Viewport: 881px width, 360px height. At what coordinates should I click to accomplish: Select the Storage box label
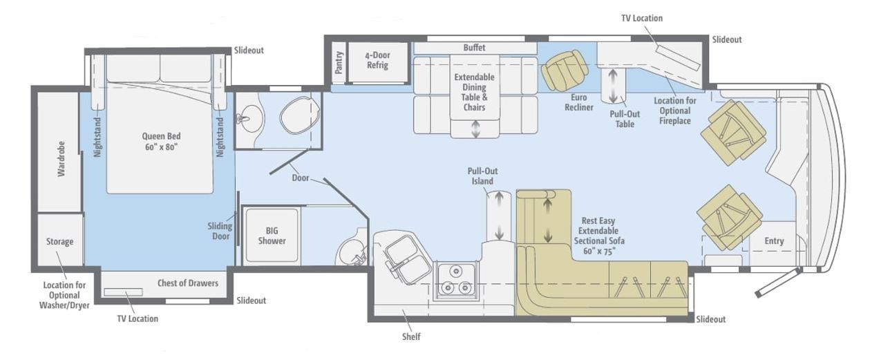coord(59,241)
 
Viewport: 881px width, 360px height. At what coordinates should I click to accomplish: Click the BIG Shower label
coord(272,236)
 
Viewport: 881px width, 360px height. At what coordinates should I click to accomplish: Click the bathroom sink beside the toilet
coord(244,118)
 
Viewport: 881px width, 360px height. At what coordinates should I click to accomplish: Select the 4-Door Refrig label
coord(377,60)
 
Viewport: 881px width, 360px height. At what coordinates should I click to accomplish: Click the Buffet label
coord(474,48)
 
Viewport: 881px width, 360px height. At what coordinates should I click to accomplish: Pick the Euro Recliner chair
coord(565,70)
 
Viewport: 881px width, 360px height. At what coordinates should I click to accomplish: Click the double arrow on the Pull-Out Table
coord(613,85)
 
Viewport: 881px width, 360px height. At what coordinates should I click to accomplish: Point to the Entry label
coord(774,241)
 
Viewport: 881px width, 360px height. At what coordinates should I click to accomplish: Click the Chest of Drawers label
coord(188,283)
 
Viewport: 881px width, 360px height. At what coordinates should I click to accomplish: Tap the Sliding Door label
coord(220,231)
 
